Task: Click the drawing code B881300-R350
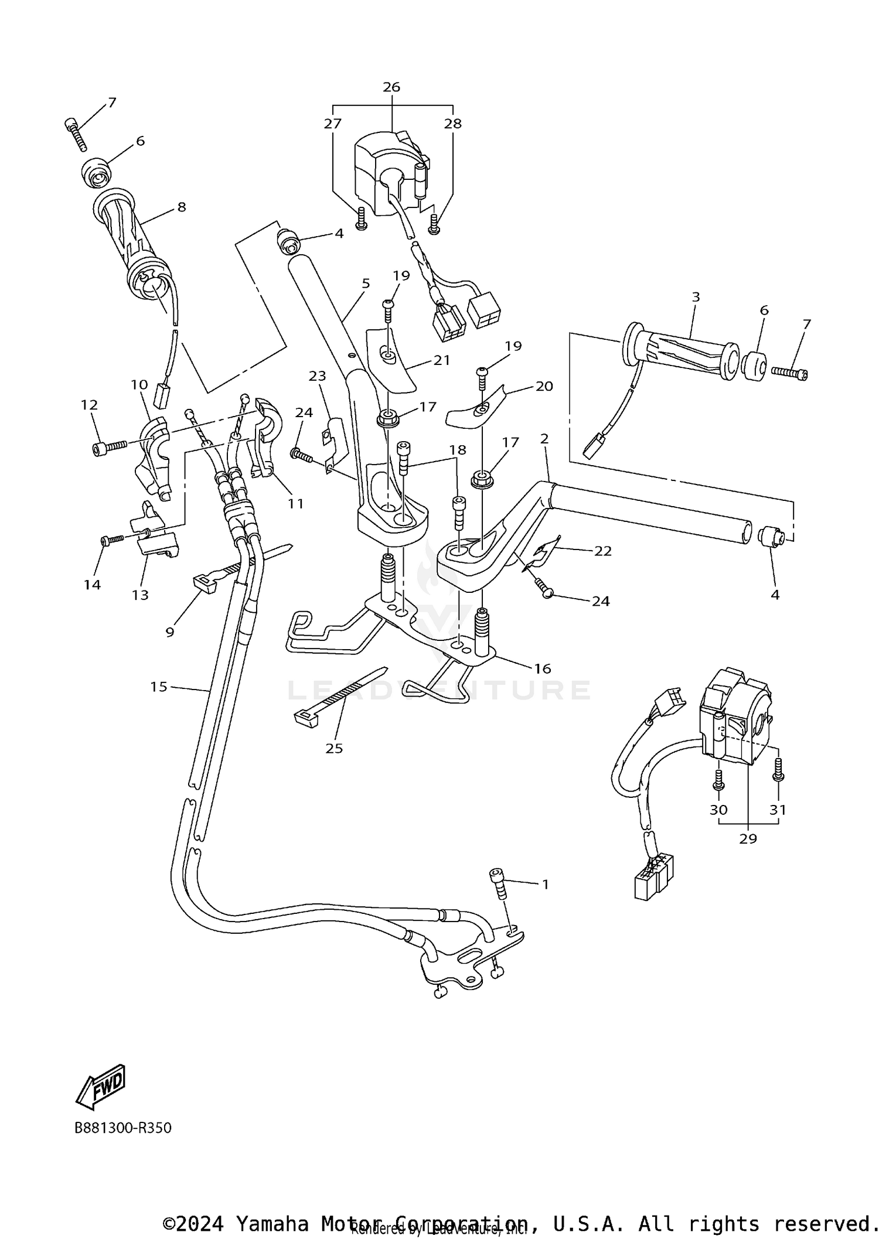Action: click(x=123, y=1128)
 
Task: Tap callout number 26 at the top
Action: click(x=391, y=87)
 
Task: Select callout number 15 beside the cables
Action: click(x=159, y=687)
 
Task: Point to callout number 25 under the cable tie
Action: click(x=334, y=748)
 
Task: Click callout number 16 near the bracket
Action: click(x=543, y=668)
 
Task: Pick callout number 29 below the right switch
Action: click(x=748, y=838)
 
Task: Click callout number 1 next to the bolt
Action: click(x=546, y=884)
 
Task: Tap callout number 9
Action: click(x=170, y=632)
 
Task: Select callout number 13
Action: click(x=140, y=595)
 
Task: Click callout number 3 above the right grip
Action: click(x=696, y=297)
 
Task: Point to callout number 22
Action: click(x=603, y=551)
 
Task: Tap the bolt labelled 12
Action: click(x=109, y=448)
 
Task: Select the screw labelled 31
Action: click(x=778, y=769)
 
